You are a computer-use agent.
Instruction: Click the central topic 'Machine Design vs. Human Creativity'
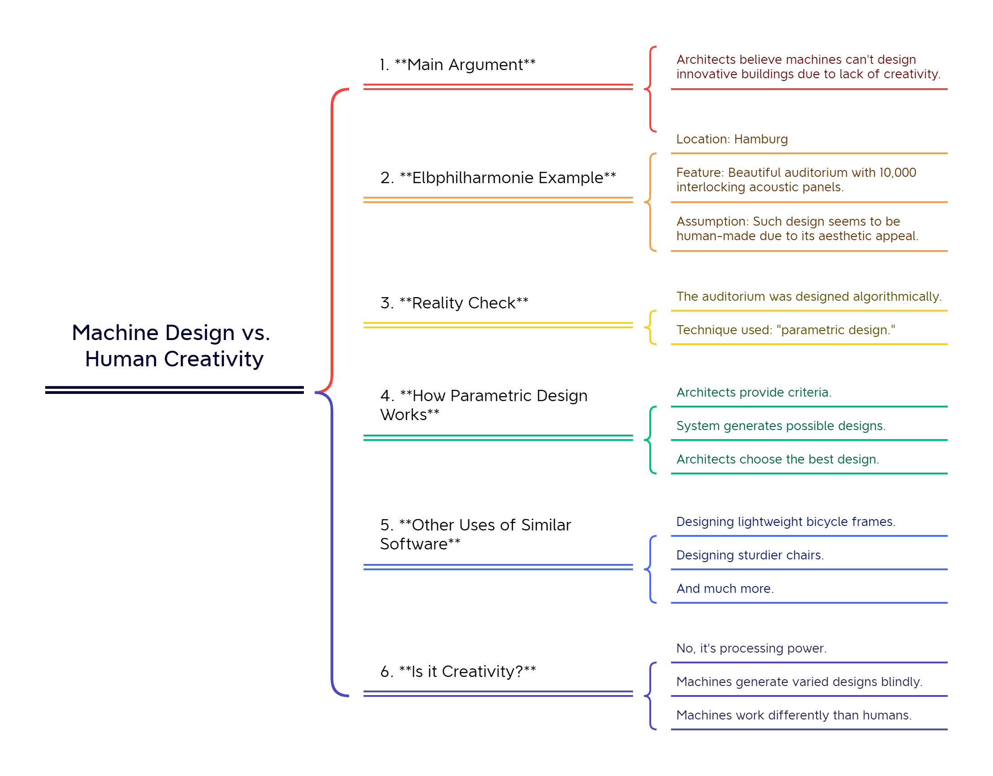click(x=171, y=345)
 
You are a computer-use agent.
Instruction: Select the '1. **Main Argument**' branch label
click(x=458, y=65)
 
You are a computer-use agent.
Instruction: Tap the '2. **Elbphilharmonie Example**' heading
click(x=498, y=178)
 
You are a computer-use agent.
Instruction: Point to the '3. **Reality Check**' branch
click(x=454, y=303)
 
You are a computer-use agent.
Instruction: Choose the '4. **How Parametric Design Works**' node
click(x=483, y=405)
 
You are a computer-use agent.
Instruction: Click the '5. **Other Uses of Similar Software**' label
click(x=475, y=534)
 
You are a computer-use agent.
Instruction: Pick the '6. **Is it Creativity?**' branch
click(x=458, y=672)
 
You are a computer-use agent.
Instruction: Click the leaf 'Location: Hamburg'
click(x=732, y=139)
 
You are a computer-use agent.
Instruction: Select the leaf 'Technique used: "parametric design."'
click(x=785, y=330)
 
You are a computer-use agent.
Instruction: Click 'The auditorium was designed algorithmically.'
click(x=809, y=297)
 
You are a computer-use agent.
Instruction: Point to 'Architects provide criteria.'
click(x=753, y=393)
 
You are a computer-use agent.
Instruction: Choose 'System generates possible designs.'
click(x=780, y=426)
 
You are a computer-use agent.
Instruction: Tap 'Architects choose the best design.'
click(x=777, y=459)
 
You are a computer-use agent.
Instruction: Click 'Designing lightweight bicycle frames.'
click(x=785, y=522)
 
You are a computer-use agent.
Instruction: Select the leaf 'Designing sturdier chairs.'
click(x=750, y=555)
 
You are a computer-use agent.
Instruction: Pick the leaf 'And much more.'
click(x=725, y=589)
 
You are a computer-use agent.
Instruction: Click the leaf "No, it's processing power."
click(x=751, y=648)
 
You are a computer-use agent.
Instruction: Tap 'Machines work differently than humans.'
click(x=794, y=715)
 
